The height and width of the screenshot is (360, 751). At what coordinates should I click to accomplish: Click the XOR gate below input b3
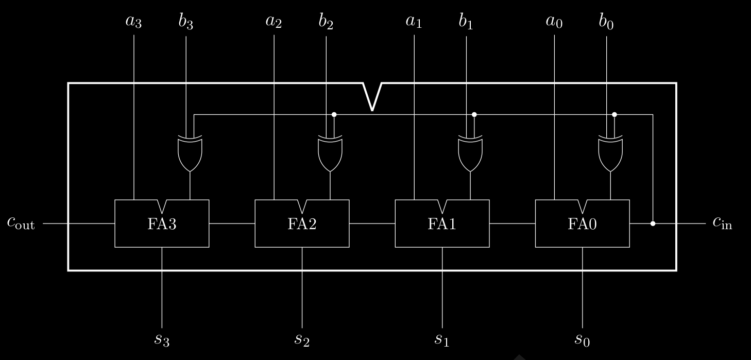click(x=190, y=154)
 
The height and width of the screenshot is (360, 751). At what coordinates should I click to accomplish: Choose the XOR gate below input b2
click(x=330, y=154)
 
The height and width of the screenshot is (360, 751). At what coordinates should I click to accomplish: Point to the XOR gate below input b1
click(x=470, y=154)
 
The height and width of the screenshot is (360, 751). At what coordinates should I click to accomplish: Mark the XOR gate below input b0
click(x=610, y=154)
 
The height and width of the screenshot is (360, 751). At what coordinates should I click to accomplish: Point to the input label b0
click(x=606, y=23)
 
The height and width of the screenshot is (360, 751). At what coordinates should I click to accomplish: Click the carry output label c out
click(x=21, y=222)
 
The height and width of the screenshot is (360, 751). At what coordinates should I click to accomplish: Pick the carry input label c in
click(x=722, y=222)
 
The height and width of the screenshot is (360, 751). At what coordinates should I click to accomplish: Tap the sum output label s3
click(x=162, y=339)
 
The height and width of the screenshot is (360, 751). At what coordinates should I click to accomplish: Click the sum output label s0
click(x=582, y=339)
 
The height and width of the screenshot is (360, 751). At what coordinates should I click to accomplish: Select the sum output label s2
click(x=302, y=339)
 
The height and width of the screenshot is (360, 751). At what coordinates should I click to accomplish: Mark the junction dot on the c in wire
click(x=653, y=224)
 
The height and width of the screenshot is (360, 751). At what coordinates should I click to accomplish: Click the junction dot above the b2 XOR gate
click(x=334, y=114)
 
